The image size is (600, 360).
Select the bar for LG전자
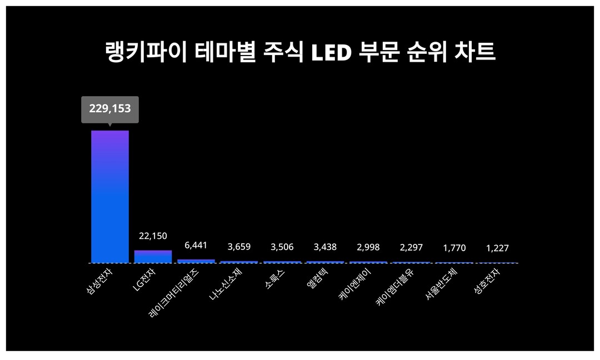click(x=153, y=256)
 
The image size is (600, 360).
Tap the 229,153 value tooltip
click(x=110, y=109)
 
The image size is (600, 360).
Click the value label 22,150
click(x=153, y=236)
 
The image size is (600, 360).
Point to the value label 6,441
click(x=196, y=245)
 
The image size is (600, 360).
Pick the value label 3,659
click(x=239, y=247)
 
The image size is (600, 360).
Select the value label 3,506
click(x=282, y=247)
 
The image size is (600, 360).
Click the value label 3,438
click(x=325, y=247)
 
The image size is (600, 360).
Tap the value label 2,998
click(x=368, y=247)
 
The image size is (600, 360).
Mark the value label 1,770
click(x=454, y=248)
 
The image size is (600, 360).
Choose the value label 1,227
click(x=497, y=248)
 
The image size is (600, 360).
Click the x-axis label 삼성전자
click(x=100, y=281)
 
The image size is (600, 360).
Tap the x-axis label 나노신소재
click(x=226, y=283)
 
